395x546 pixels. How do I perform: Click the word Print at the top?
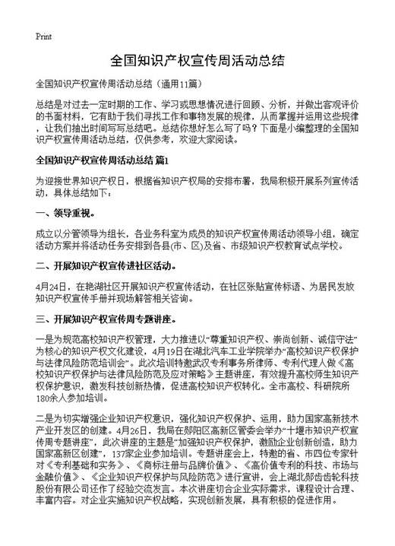(x=43, y=36)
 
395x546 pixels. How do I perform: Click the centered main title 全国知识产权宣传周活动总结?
(x=197, y=59)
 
